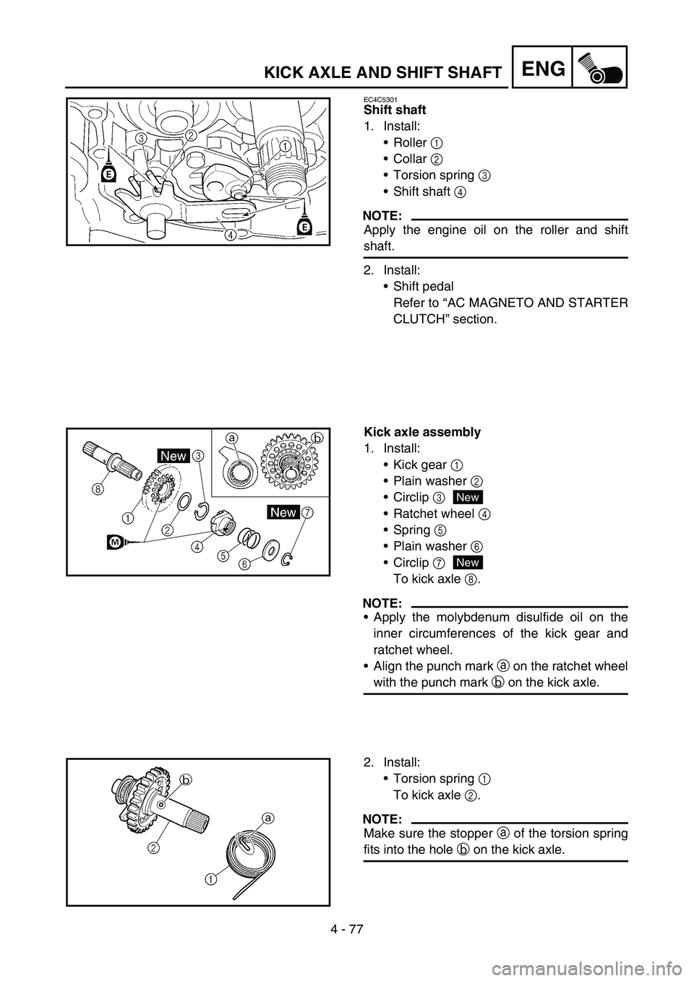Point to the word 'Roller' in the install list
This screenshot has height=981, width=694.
(x=410, y=142)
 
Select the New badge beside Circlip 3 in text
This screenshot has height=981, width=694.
(x=468, y=497)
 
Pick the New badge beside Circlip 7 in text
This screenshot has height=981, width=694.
(x=468, y=562)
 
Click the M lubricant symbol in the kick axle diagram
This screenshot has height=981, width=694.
(x=115, y=542)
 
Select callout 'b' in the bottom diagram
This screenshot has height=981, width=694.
(x=185, y=780)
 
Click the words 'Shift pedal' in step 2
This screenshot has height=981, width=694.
(x=424, y=286)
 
